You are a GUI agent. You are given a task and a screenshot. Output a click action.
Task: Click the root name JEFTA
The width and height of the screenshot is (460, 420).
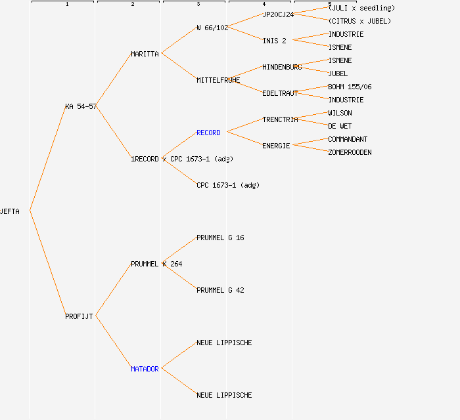[10, 211]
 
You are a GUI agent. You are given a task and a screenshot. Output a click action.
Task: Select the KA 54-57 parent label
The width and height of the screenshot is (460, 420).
[81, 106]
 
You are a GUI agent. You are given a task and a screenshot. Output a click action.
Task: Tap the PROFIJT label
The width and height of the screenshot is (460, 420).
[79, 316]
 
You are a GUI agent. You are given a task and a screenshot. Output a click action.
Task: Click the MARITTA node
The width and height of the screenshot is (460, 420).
[145, 54]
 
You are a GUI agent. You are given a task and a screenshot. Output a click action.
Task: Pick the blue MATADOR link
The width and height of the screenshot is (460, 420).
[145, 369]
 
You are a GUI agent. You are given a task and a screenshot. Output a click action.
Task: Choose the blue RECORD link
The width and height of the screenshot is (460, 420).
[208, 133]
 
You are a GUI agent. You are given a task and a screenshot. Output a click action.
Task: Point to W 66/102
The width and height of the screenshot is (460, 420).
[212, 28]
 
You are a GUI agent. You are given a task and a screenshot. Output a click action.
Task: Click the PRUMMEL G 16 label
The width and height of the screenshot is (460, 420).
[220, 238]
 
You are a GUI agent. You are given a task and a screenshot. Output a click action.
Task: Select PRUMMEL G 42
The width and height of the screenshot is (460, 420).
[220, 290]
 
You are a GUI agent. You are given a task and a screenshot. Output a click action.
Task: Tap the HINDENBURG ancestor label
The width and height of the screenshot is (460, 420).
[282, 68]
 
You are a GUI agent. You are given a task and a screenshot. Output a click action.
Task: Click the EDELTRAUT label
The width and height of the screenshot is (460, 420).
[280, 93]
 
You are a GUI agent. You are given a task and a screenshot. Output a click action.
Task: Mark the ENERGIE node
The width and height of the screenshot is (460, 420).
[276, 146]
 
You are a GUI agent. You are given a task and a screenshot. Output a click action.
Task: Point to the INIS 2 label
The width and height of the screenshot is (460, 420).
[274, 41]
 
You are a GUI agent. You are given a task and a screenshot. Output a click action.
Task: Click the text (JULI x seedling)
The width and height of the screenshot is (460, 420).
[361, 8]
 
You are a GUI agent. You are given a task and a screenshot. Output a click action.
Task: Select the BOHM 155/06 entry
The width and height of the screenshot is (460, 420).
[350, 87]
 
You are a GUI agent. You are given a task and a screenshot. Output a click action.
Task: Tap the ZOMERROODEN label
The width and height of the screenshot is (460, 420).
[350, 153]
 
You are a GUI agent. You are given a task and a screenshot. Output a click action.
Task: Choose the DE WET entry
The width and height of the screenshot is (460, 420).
[340, 126]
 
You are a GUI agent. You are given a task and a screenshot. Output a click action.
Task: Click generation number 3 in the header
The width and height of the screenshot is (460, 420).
[198, 4]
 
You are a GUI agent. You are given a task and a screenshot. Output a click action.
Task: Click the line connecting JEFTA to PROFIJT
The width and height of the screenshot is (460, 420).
[48, 263]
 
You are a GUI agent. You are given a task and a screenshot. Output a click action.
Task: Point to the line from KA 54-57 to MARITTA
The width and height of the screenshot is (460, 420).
[114, 79]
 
